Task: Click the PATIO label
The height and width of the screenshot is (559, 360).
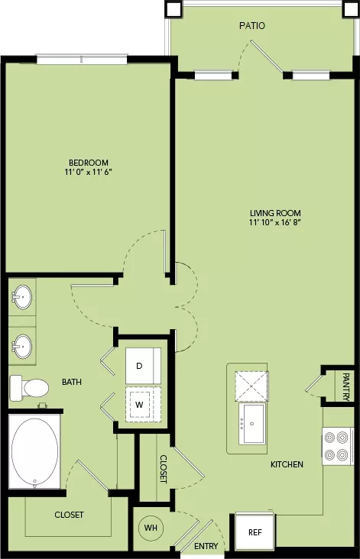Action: (252, 26)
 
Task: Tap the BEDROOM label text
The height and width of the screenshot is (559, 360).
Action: (89, 163)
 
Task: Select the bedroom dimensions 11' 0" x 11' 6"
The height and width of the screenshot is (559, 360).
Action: (89, 172)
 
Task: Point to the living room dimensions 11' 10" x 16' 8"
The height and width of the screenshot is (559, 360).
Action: (275, 223)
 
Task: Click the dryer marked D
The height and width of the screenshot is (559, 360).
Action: (143, 366)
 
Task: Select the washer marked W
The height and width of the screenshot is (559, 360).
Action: (143, 404)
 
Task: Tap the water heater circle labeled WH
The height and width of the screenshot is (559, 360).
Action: (151, 527)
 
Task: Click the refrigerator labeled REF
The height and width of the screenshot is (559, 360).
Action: (255, 532)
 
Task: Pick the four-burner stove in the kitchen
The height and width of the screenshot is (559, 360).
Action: (338, 446)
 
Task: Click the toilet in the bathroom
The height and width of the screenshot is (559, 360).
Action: (29, 387)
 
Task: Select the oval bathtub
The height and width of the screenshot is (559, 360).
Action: (34, 451)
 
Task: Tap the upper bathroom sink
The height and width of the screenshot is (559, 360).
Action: (22, 296)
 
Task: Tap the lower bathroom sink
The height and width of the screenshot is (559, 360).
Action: (22, 346)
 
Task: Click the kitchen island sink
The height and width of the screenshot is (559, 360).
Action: (252, 423)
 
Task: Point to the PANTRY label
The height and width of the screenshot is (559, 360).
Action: (345, 387)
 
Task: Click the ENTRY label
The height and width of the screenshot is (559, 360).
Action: (206, 546)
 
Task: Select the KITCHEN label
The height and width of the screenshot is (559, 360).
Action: (287, 464)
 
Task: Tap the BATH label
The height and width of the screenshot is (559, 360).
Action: (72, 382)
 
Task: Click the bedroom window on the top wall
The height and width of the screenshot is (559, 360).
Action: (82, 59)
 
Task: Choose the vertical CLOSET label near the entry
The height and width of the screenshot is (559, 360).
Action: (163, 468)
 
